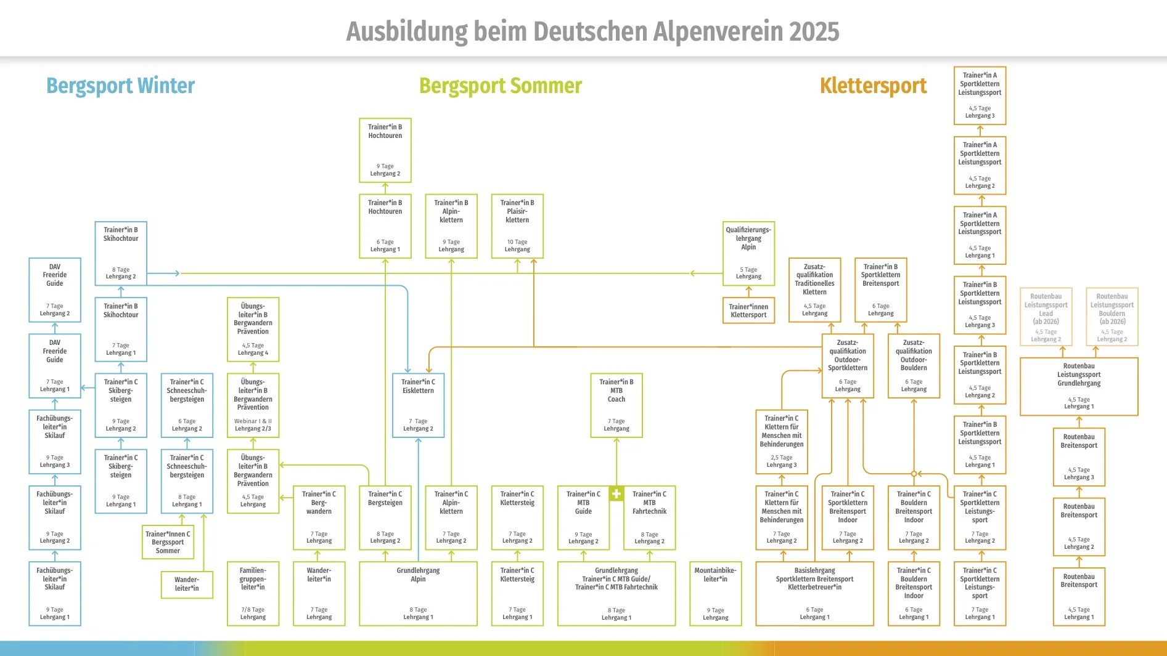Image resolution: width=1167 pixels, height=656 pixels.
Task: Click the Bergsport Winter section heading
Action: tap(121, 86)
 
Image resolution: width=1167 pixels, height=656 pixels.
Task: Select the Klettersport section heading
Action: tap(873, 86)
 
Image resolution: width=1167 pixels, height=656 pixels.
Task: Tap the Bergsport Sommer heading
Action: tap(500, 86)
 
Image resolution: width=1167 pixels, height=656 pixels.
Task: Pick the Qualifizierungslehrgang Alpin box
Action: tap(748, 253)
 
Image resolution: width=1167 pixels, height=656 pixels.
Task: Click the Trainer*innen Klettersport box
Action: tap(748, 310)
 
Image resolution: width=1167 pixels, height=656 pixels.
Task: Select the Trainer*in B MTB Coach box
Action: tap(616, 405)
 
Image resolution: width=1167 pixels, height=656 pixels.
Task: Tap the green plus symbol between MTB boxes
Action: tap(616, 493)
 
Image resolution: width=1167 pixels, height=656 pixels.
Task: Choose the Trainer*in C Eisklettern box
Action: tap(418, 405)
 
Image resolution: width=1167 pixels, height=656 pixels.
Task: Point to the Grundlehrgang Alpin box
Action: tap(418, 593)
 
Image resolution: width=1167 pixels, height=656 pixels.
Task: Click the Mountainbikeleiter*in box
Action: tap(715, 593)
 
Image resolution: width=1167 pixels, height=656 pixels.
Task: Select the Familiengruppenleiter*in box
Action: tap(253, 593)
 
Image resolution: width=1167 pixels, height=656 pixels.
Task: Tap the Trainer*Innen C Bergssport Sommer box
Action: tap(168, 542)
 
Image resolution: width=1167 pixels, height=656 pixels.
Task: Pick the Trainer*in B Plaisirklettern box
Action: tap(517, 226)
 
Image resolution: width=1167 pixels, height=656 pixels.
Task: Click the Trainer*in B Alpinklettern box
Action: tap(451, 226)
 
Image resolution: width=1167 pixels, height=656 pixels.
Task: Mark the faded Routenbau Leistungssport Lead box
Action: tap(1046, 317)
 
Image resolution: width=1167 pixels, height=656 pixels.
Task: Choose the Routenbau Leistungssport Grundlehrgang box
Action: tap(1079, 386)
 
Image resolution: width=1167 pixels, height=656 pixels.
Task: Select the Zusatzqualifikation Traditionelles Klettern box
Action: tap(814, 290)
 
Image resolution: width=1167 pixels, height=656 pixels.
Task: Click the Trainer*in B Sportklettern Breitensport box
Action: tap(880, 290)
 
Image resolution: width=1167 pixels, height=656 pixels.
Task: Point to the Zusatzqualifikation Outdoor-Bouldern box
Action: tap(914, 365)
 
